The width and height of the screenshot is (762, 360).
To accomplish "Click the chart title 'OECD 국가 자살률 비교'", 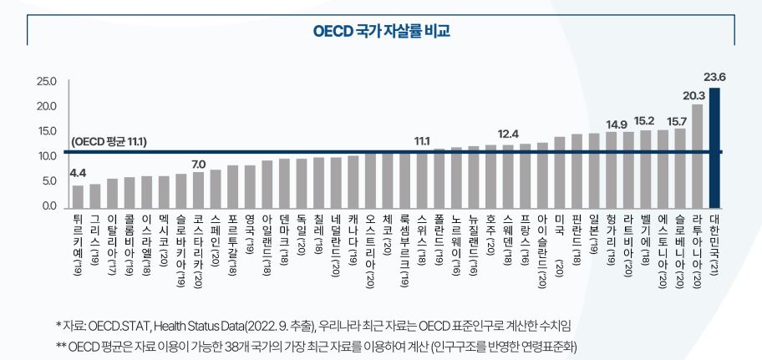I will click(x=381, y=31).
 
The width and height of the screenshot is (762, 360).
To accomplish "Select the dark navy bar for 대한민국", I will click(x=714, y=147).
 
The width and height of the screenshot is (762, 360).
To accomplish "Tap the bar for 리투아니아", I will click(x=698, y=155).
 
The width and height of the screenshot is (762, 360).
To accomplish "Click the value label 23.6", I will click(x=714, y=78).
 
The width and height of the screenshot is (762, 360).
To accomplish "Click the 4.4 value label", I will click(x=78, y=174).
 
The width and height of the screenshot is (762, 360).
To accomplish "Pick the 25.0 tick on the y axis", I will click(x=46, y=82).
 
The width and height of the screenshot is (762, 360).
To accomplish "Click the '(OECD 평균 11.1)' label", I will click(x=109, y=142).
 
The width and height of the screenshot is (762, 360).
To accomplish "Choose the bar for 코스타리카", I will click(x=198, y=189).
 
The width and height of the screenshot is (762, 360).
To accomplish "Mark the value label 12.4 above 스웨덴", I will click(x=508, y=134).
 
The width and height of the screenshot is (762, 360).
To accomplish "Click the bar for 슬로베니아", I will click(x=680, y=167).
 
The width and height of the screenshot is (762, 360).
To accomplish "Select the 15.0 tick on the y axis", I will click(x=46, y=132).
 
